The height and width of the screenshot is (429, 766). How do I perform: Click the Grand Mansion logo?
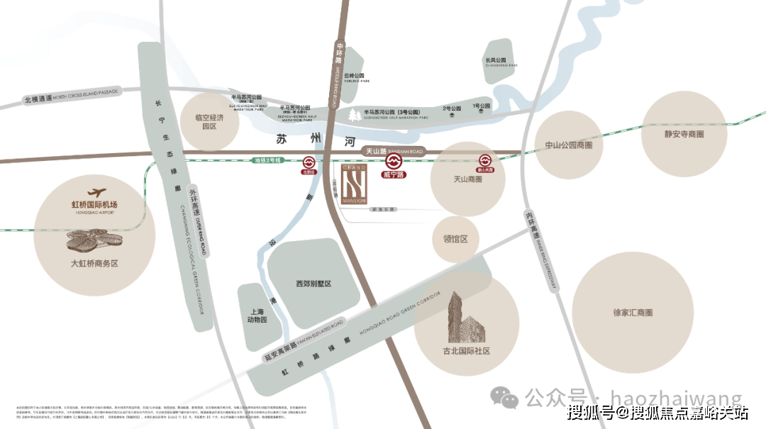pyautogui.click(x=353, y=186)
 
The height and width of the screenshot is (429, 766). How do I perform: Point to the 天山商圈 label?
pyautogui.click(x=467, y=179)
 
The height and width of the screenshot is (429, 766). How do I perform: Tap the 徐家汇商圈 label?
pyautogui.click(x=633, y=312)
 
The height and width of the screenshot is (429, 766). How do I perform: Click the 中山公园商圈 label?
pyautogui.click(x=568, y=145)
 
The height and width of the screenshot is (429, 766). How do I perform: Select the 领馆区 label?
pyautogui.click(x=455, y=240)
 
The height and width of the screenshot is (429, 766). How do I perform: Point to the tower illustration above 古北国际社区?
pyautogui.click(x=463, y=316)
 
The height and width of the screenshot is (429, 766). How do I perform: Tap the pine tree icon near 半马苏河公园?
pyautogui.click(x=354, y=114)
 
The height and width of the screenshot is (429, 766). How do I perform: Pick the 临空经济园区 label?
pyautogui.click(x=209, y=122)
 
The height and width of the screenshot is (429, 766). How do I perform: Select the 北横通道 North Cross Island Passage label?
pyautogui.click(x=72, y=96)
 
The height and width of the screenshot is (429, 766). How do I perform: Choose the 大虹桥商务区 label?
pyautogui.click(x=94, y=263)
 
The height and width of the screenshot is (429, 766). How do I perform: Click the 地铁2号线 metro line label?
pyautogui.click(x=269, y=161)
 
